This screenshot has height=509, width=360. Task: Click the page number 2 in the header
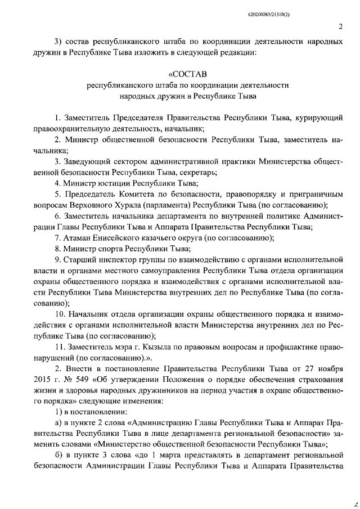340,26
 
